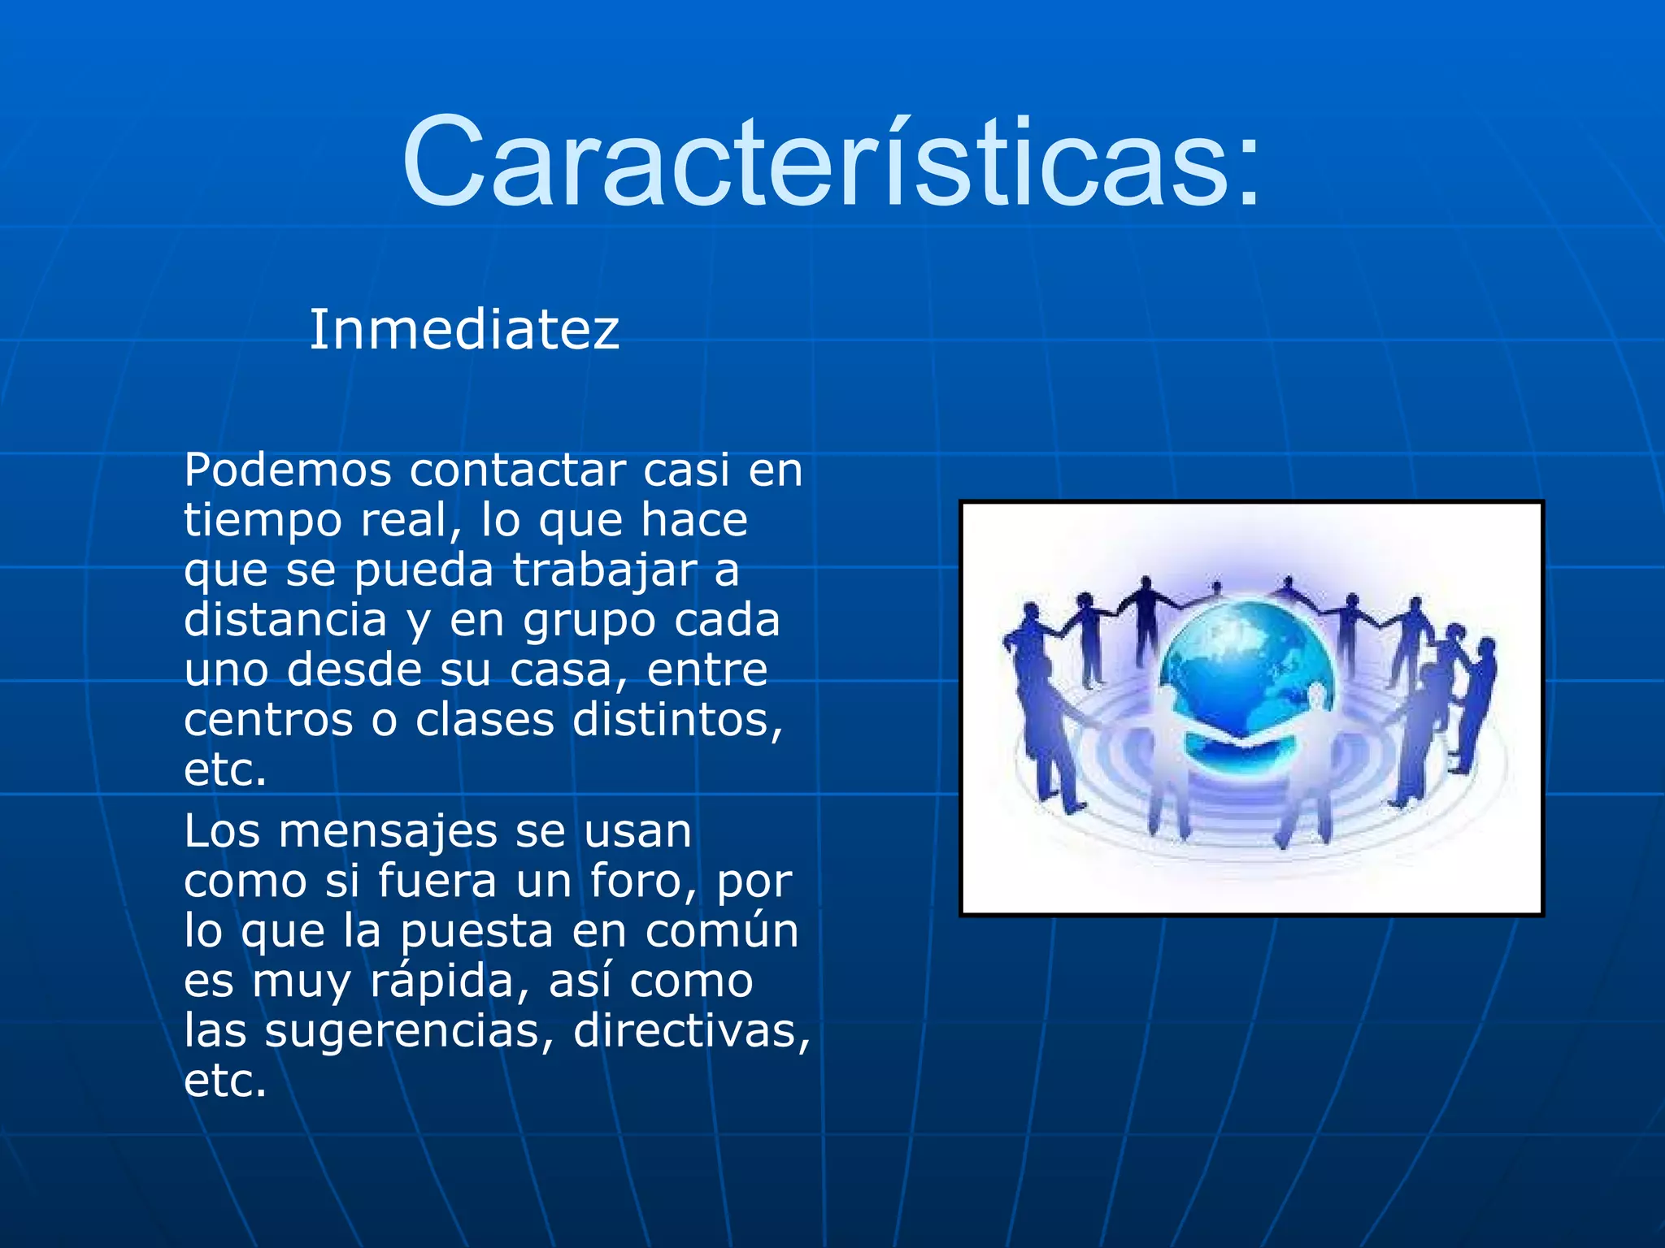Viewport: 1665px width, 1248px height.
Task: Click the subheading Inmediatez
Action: (x=464, y=330)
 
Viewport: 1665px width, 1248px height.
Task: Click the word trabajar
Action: (x=605, y=571)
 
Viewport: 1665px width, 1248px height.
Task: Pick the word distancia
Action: (x=285, y=620)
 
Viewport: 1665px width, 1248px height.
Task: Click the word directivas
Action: (x=691, y=1031)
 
